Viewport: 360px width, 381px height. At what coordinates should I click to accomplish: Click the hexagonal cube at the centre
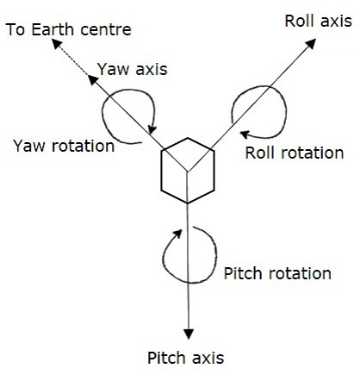tap(187, 170)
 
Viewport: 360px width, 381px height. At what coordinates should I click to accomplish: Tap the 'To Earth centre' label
tap(68, 30)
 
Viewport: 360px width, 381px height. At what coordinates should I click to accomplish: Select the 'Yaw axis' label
tap(133, 68)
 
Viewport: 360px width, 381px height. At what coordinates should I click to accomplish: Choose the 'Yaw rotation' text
tap(64, 146)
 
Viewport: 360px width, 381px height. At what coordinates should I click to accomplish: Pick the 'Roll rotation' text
tap(294, 153)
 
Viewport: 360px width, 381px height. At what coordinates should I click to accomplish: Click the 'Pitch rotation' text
tap(276, 273)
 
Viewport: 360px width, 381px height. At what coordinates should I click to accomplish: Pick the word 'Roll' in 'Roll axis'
tap(301, 20)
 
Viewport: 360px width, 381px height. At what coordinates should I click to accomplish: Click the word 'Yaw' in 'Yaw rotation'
tap(28, 146)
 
